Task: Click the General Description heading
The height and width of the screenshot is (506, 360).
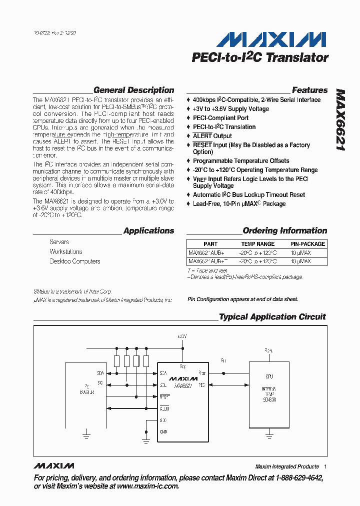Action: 133,90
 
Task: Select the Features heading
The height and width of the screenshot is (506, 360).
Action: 309,90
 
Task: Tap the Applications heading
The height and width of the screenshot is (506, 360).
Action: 148,231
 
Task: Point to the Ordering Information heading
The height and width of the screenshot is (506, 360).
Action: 284,231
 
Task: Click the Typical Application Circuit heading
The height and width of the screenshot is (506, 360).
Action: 272,317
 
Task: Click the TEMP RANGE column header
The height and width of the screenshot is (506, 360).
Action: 257,244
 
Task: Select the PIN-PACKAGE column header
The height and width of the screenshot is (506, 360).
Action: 307,244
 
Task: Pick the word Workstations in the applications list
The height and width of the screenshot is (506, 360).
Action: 65,252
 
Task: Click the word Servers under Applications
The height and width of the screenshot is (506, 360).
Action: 59,242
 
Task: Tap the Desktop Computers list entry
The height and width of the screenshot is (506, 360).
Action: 74,261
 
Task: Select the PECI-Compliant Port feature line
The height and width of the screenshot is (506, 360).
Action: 220,118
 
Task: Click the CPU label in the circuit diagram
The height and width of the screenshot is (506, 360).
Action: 269,376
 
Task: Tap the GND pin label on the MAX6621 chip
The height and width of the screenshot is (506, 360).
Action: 163,431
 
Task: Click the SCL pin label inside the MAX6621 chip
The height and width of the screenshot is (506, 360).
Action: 163,385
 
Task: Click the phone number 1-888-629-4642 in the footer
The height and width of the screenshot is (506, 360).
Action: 295,478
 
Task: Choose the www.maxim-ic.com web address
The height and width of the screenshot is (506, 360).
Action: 147,486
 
